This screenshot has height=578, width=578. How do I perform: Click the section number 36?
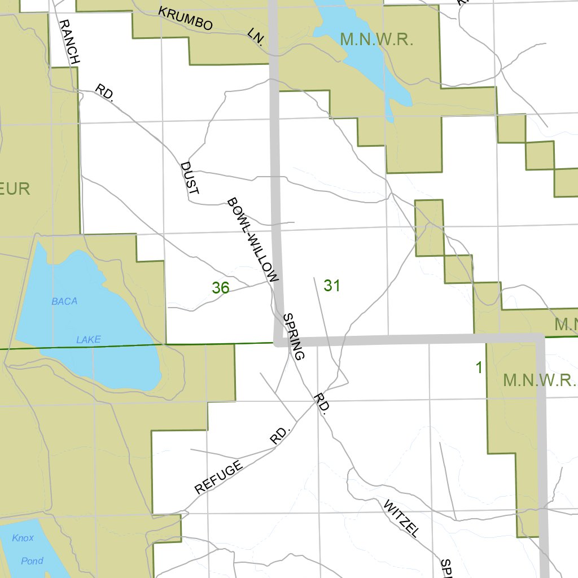(x=221, y=288)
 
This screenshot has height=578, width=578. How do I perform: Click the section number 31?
(x=332, y=286)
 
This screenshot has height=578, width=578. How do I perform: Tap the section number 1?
(x=479, y=368)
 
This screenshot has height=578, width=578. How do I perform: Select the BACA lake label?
(x=64, y=301)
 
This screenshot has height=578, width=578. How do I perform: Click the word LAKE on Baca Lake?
(x=89, y=339)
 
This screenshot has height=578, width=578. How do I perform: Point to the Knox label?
(x=23, y=538)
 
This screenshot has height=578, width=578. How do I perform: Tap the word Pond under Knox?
(x=32, y=561)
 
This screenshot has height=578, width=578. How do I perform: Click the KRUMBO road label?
(x=185, y=19)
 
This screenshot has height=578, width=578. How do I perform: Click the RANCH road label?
(x=69, y=41)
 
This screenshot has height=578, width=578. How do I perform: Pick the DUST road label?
(x=189, y=178)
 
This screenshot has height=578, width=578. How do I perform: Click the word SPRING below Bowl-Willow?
(x=294, y=336)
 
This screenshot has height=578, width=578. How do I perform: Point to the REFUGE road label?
(x=218, y=477)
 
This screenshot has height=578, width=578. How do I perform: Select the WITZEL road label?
(x=401, y=518)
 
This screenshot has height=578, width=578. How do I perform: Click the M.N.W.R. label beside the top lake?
(x=378, y=40)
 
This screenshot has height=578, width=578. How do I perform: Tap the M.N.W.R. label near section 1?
(x=539, y=380)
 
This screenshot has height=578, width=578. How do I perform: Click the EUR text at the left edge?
(x=15, y=189)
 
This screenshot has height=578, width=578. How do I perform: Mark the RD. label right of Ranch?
(x=104, y=92)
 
